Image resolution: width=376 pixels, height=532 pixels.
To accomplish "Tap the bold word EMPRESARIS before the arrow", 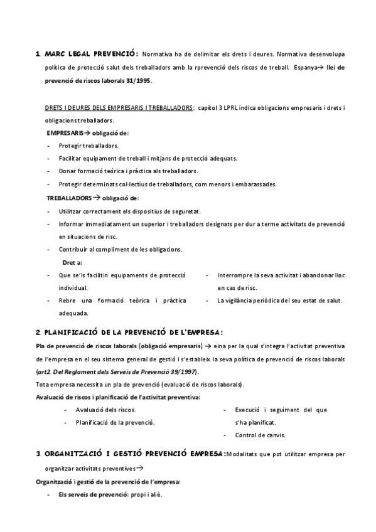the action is click(65, 133).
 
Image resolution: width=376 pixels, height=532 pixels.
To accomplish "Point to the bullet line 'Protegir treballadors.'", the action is click(84, 146).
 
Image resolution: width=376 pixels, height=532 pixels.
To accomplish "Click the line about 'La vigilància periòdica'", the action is click(279, 301).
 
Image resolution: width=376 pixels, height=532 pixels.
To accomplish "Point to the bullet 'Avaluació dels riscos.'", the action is click(105, 410).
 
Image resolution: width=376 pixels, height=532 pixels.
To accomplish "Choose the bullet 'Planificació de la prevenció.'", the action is click(115, 422).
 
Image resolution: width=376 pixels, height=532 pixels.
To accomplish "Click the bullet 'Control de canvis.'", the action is click(260, 435).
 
